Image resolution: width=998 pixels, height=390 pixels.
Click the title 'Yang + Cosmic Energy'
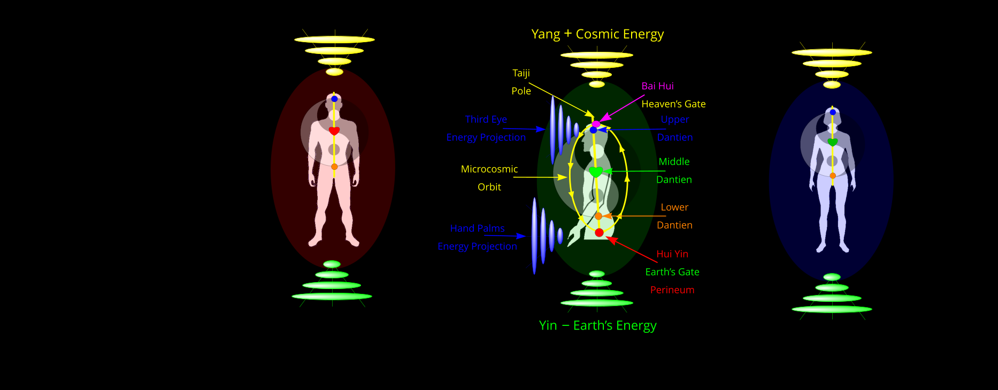597,35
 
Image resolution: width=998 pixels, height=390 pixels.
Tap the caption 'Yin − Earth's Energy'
597,326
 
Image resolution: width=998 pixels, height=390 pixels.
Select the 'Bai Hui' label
657,86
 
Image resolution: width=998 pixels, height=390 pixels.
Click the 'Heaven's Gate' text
673,104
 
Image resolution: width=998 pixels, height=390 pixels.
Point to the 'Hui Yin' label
672,254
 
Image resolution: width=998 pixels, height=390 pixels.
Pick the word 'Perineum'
672,290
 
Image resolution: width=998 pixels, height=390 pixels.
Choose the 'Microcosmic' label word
489,169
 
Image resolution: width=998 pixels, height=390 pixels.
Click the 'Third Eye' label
486,120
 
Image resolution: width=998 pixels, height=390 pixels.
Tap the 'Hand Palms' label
477,229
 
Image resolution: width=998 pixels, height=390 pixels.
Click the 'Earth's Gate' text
672,272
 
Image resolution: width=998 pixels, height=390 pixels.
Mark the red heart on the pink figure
334,131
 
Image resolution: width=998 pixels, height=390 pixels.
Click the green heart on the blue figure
832,142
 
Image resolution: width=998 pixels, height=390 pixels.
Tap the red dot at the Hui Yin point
599,232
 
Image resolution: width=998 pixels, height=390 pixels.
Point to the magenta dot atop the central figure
596,124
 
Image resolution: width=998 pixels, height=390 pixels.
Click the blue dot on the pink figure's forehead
334,99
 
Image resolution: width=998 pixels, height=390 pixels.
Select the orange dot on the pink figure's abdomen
334,167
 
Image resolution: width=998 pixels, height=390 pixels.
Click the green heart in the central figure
596,172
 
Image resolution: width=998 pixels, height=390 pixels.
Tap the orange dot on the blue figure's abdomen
833,176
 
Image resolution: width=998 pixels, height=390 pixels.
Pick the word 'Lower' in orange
674,207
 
